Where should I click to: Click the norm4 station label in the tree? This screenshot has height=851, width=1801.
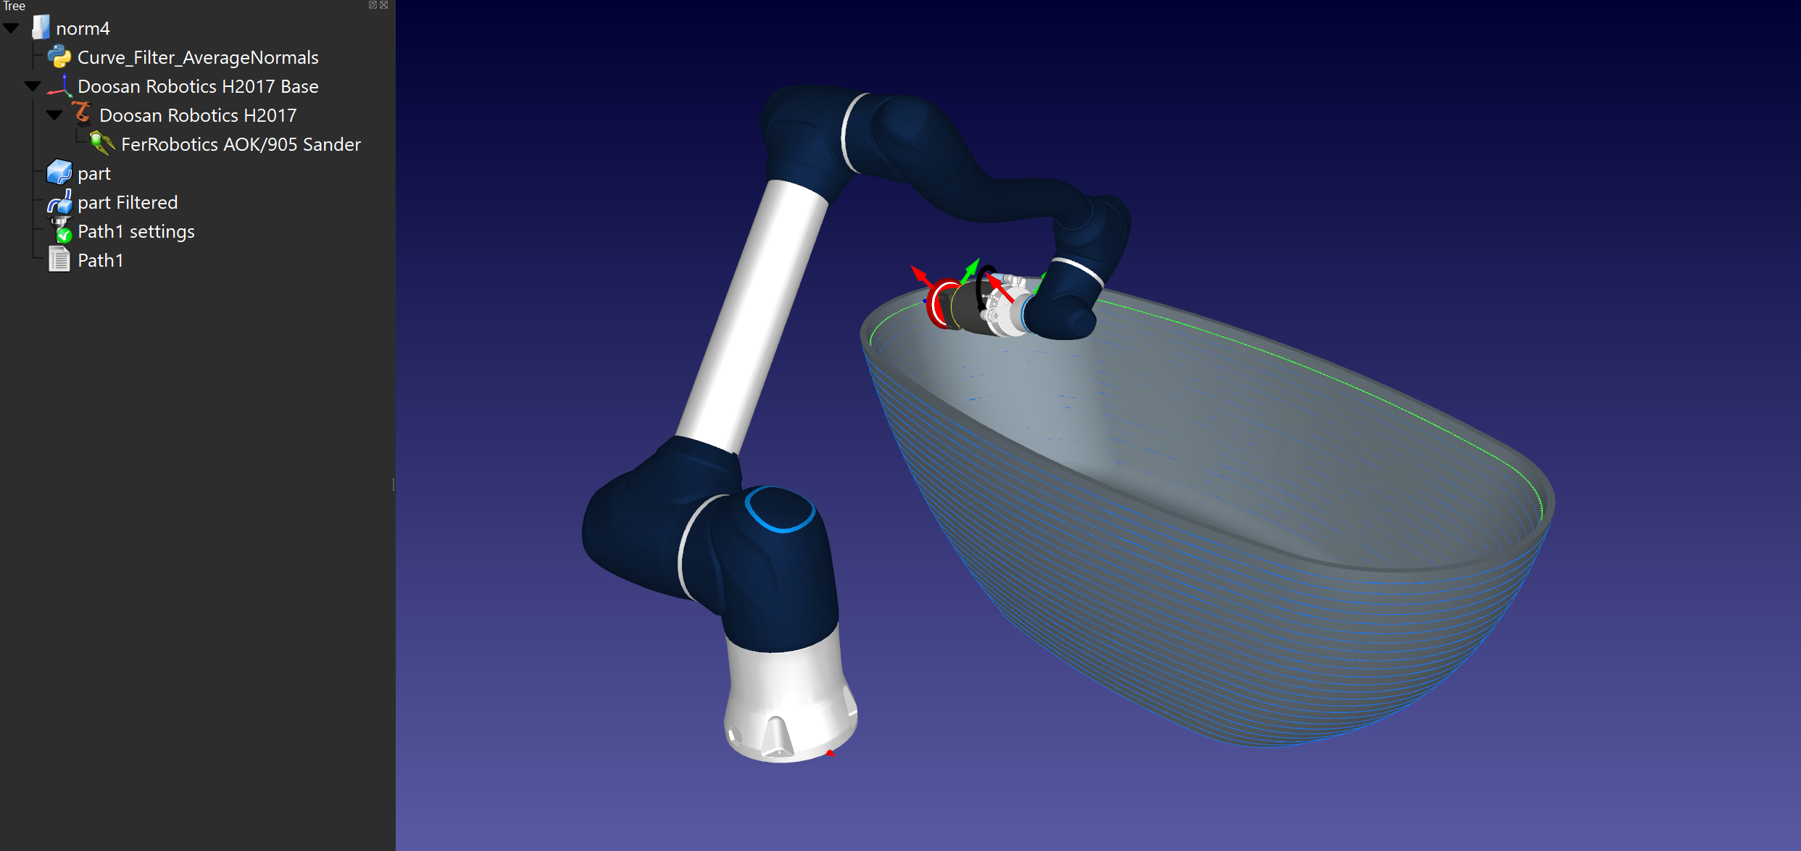click(x=83, y=28)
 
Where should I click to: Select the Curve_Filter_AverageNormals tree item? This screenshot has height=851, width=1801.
click(x=198, y=57)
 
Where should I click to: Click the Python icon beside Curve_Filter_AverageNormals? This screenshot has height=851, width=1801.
click(x=59, y=57)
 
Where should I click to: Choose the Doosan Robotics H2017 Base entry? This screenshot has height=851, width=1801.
click(x=198, y=86)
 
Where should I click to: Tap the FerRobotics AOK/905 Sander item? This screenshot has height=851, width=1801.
click(x=241, y=144)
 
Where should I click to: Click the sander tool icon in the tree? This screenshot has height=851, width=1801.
click(x=101, y=143)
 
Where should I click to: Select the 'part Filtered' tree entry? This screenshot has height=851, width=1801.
click(x=128, y=202)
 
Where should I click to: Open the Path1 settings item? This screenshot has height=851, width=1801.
click(x=136, y=231)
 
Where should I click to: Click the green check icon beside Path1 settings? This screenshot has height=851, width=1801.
click(x=64, y=234)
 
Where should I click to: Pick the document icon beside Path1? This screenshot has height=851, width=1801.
click(x=59, y=260)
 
